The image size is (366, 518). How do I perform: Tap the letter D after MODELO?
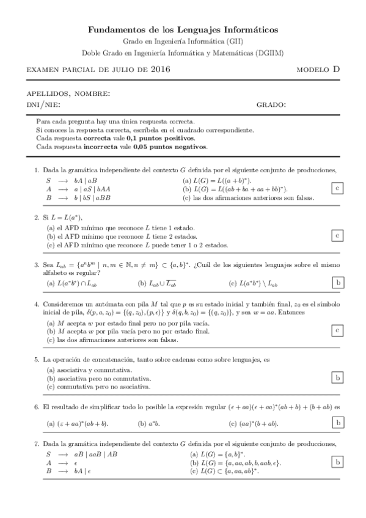[336, 70]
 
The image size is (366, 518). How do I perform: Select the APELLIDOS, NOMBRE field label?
[68, 94]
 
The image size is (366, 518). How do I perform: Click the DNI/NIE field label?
[43, 105]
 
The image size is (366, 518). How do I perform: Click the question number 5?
[37, 360]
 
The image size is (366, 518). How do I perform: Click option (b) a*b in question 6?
[149, 423]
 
